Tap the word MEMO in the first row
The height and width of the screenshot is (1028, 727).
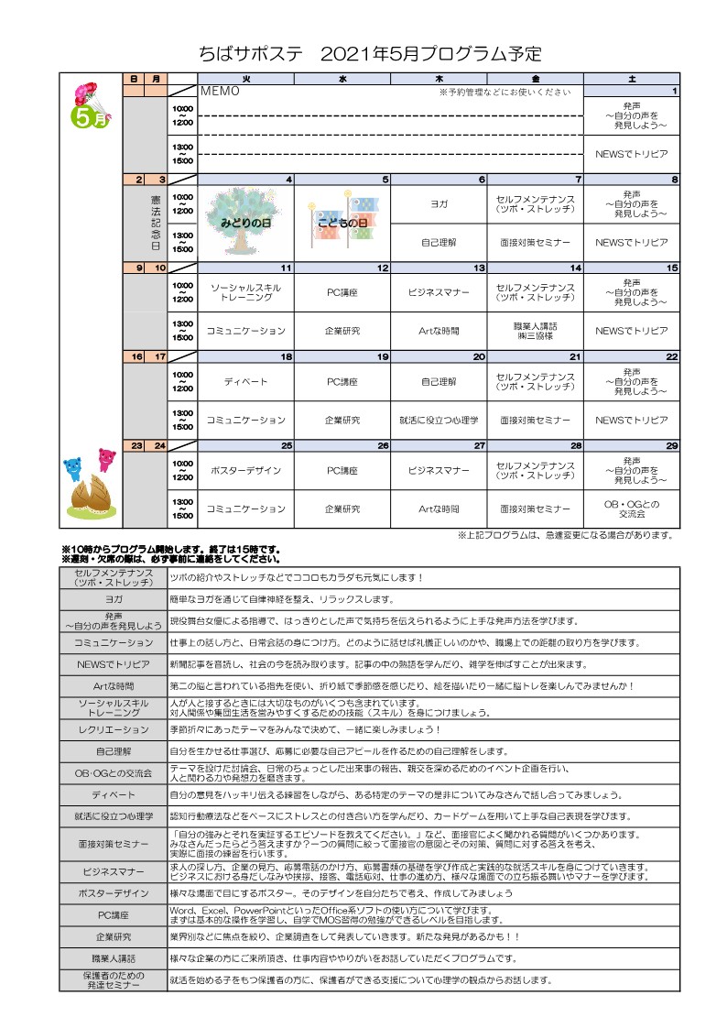[220, 92]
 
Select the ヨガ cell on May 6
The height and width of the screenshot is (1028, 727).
[439, 203]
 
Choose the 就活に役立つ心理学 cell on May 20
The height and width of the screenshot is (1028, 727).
[439, 420]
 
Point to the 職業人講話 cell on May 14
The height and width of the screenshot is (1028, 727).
[536, 331]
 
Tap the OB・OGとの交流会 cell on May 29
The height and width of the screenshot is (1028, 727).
[632, 509]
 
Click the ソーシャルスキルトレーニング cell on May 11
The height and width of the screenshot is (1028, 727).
[246, 292]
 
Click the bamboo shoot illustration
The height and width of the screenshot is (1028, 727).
[92, 499]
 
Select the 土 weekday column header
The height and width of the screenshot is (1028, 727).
[632, 80]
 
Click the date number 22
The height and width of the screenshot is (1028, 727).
[671, 356]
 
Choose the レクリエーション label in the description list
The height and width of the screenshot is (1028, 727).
[114, 729]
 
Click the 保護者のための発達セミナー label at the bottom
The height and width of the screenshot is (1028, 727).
[114, 979]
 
